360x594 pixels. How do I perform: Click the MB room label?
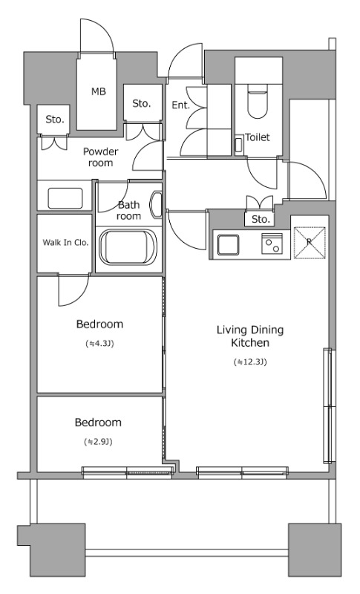[99, 91]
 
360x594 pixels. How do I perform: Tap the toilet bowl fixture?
[258, 102]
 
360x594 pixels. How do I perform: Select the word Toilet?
[258, 137]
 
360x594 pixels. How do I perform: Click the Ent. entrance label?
[180, 105]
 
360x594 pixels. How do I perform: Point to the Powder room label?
[100, 157]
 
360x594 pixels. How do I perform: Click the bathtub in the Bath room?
[128, 247]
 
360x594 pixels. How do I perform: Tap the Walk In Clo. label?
[65, 243]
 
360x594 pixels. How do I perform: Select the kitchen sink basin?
[228, 245]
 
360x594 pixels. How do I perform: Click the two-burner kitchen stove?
[272, 244]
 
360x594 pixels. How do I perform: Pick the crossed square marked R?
[310, 243]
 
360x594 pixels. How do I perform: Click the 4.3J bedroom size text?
[100, 344]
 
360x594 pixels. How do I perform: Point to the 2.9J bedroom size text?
[99, 442]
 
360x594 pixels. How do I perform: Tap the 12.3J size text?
[250, 362]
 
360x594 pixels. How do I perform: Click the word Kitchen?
[250, 343]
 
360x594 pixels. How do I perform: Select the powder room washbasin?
[65, 198]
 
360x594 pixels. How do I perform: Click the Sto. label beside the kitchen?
[261, 219]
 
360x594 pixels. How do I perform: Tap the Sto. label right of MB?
[142, 103]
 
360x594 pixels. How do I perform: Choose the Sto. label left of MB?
[54, 120]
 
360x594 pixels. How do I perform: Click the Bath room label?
[128, 211]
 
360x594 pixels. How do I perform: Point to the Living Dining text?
[250, 330]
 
